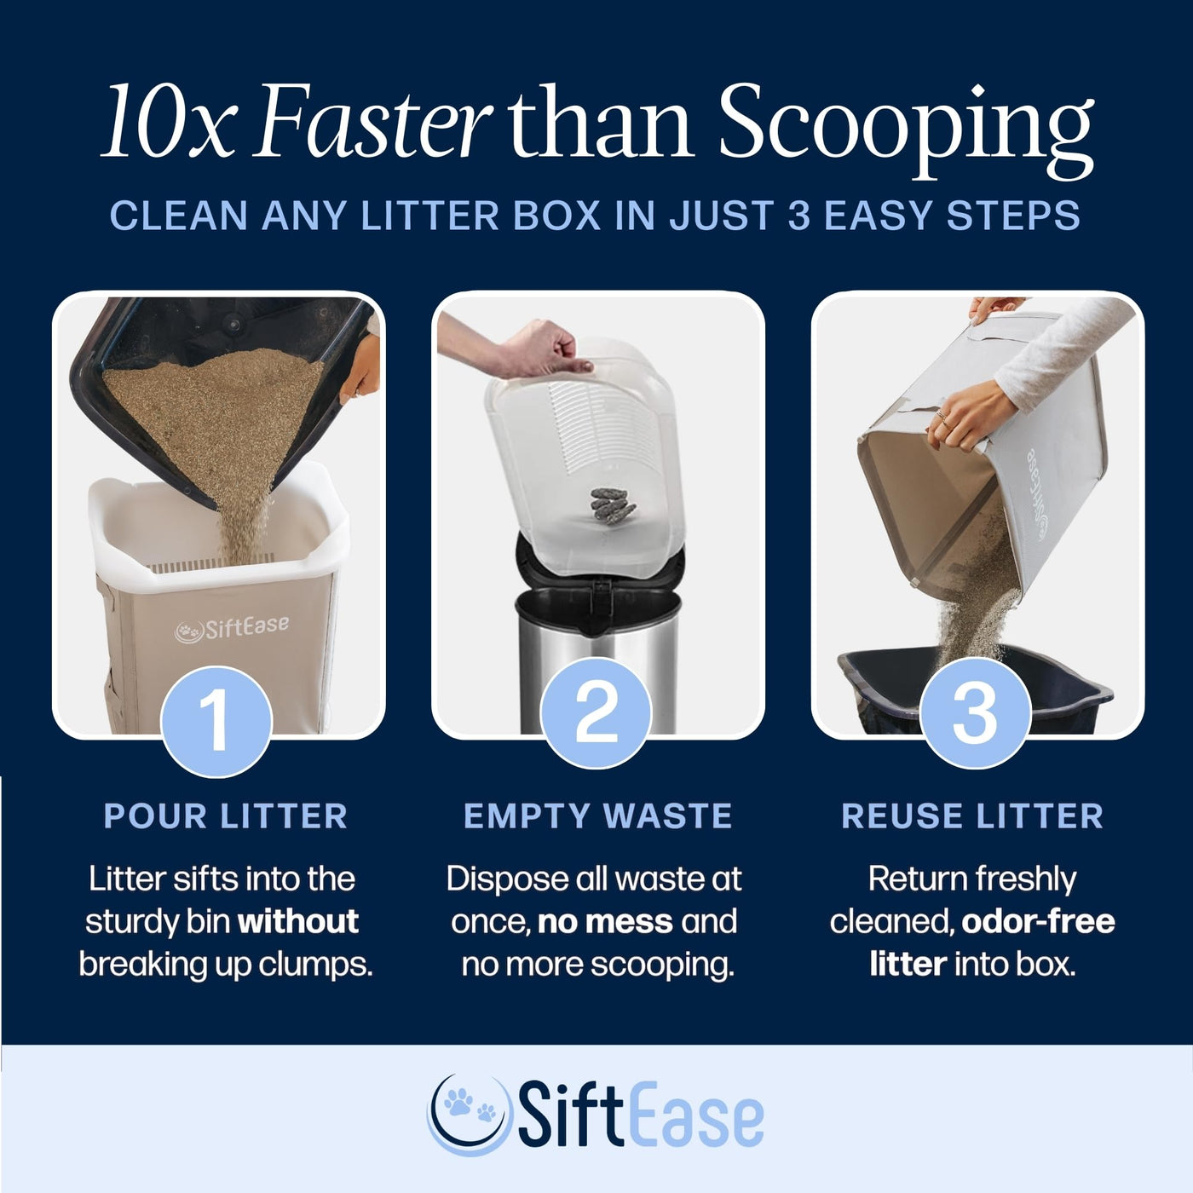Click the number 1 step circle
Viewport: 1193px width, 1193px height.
click(x=216, y=721)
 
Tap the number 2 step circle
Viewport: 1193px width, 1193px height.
click(x=596, y=713)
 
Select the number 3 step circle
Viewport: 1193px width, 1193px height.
click(x=975, y=713)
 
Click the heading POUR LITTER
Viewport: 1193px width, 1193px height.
click(x=225, y=816)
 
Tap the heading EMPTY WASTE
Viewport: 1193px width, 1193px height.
click(x=598, y=816)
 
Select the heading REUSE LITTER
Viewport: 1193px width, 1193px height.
click(x=972, y=816)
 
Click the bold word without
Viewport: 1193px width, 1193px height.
click(x=298, y=921)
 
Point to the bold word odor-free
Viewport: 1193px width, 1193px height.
click(x=1038, y=922)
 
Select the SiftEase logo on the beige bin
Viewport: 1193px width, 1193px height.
click(x=232, y=628)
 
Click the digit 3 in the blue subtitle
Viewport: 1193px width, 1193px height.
click(x=798, y=215)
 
